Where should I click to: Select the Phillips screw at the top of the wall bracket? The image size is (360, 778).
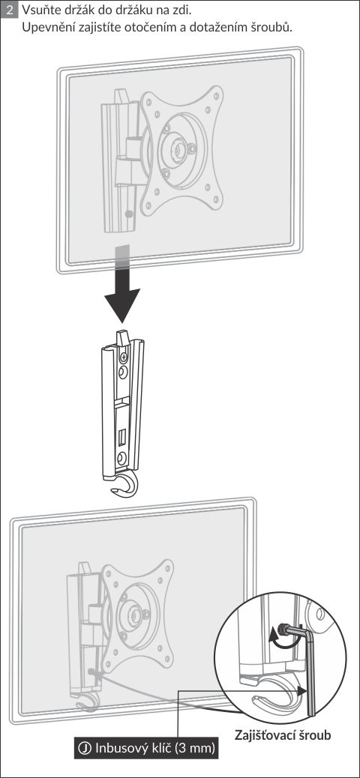click(124, 356)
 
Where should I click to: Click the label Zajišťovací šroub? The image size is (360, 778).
click(283, 735)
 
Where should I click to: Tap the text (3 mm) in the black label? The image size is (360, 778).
click(195, 749)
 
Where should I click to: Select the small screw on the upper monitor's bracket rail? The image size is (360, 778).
click(129, 214)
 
